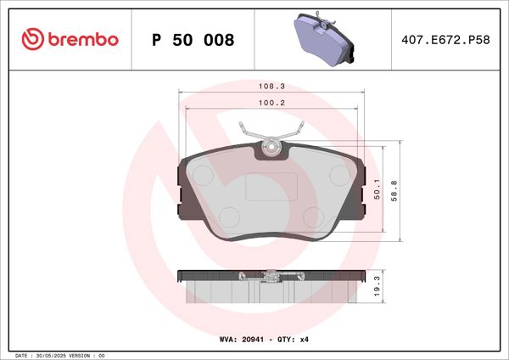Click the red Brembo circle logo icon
coord(31,40)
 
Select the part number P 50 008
coord(193,40)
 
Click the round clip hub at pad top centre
coord(271,149)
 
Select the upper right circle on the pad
coord(339,177)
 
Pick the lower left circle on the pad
coord(229,216)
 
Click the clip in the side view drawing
coord(271,275)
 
